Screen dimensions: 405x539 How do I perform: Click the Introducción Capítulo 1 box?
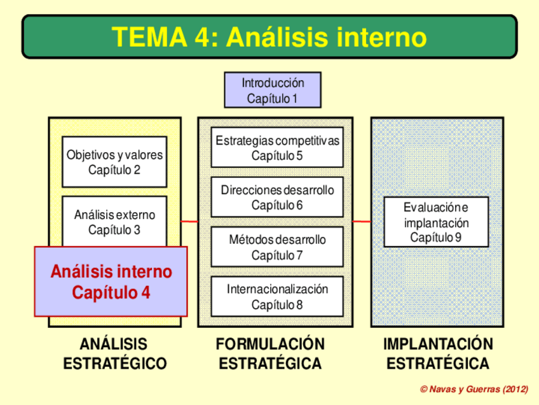tap(273, 90)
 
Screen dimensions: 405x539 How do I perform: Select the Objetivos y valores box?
tap(114, 162)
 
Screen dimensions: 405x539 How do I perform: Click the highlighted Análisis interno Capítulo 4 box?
tap(111, 281)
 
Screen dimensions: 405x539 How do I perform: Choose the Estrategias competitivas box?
tap(277, 147)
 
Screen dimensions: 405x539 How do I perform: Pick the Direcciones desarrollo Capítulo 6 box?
tap(277, 197)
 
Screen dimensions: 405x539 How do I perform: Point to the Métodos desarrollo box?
tap(277, 247)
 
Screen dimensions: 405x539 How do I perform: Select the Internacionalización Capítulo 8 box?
tap(277, 296)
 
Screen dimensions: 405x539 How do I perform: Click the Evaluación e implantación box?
tap(437, 222)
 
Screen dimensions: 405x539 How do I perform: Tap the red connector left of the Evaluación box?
tap(362, 222)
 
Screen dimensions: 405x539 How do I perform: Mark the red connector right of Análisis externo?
tap(189, 222)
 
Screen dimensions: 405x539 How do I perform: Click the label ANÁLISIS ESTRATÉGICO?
tap(114, 354)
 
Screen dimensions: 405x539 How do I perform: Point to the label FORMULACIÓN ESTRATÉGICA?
tap(270, 354)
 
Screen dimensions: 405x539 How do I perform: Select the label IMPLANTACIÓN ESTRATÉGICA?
tap(438, 354)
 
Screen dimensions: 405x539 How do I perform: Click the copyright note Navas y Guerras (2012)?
tap(474, 388)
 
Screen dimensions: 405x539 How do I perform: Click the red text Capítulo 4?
tap(111, 293)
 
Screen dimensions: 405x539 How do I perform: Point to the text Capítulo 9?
tap(436, 237)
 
